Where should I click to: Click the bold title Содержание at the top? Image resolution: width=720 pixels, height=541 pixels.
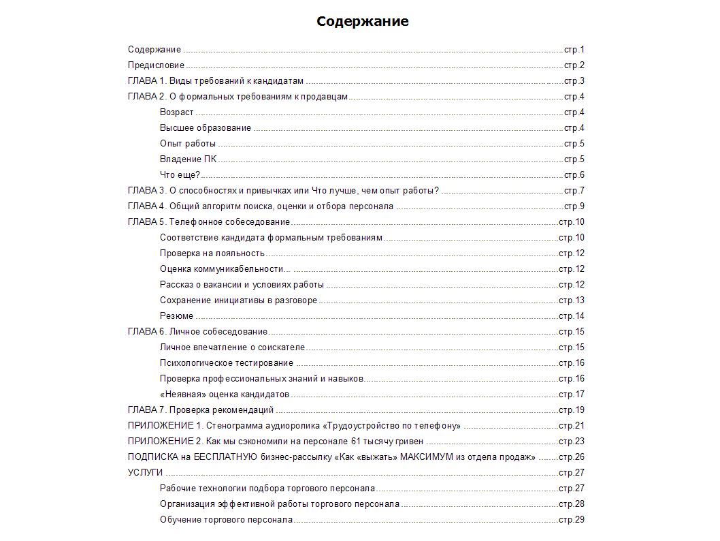362,21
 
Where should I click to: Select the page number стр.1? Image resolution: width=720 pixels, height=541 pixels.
574,50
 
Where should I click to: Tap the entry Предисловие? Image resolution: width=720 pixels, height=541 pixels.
156,65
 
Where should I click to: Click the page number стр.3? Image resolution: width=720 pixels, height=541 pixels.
574,81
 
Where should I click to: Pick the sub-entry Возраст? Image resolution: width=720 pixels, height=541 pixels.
176,112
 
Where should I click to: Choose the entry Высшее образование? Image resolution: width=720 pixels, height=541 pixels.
206,128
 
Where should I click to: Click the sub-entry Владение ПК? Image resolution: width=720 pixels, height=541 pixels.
188,159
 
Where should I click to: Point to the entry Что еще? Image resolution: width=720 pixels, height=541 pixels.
180,175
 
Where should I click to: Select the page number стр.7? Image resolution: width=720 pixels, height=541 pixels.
574,191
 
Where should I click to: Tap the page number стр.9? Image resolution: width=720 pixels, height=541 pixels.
574,206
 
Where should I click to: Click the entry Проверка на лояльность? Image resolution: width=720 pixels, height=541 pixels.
212,253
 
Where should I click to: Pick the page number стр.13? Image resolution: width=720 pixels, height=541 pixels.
572,300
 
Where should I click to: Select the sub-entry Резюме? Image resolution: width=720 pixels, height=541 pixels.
176,316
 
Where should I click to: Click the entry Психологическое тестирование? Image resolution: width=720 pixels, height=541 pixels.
227,363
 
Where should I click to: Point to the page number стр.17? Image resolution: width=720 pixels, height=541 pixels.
572,395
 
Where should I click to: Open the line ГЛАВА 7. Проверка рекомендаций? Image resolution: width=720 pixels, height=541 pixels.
201,410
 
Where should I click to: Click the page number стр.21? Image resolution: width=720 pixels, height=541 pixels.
572,426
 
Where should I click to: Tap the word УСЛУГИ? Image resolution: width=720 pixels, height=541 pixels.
145,473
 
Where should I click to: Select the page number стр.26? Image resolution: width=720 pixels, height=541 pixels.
572,457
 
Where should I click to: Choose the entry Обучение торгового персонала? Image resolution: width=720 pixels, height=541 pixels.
226,520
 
